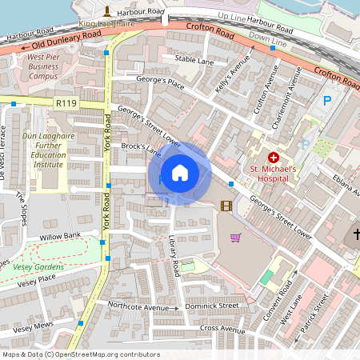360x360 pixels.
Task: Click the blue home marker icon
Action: pyautogui.click(x=180, y=173)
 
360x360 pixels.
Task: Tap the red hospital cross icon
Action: pyautogui.click(x=274, y=158)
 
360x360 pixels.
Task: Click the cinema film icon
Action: pyautogui.click(x=226, y=206)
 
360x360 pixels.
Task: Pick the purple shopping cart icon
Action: pyautogui.click(x=235, y=237)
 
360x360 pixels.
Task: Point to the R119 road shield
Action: pyautogui.click(x=66, y=102)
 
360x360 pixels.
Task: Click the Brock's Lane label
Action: pyautogui.click(x=141, y=150)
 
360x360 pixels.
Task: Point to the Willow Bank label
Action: pyautogui.click(x=61, y=236)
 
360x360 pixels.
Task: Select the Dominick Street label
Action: pyautogui.click(x=212, y=306)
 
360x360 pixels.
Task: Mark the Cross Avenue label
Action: pyautogui.click(x=222, y=329)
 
